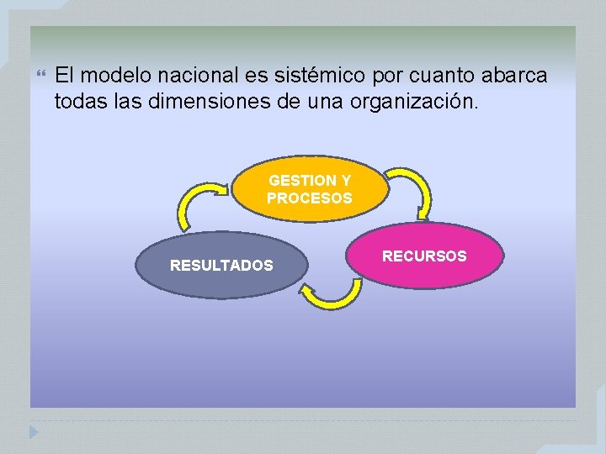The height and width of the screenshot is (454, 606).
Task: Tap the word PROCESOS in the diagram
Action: (x=310, y=198)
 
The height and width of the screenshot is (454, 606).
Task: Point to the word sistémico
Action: (x=320, y=76)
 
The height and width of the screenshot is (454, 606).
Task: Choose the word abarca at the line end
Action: (x=514, y=76)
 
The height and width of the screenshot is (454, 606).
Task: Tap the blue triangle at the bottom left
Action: (x=33, y=432)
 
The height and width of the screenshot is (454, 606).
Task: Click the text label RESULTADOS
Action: (x=221, y=266)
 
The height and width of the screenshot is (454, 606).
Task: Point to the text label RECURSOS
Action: (x=424, y=256)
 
